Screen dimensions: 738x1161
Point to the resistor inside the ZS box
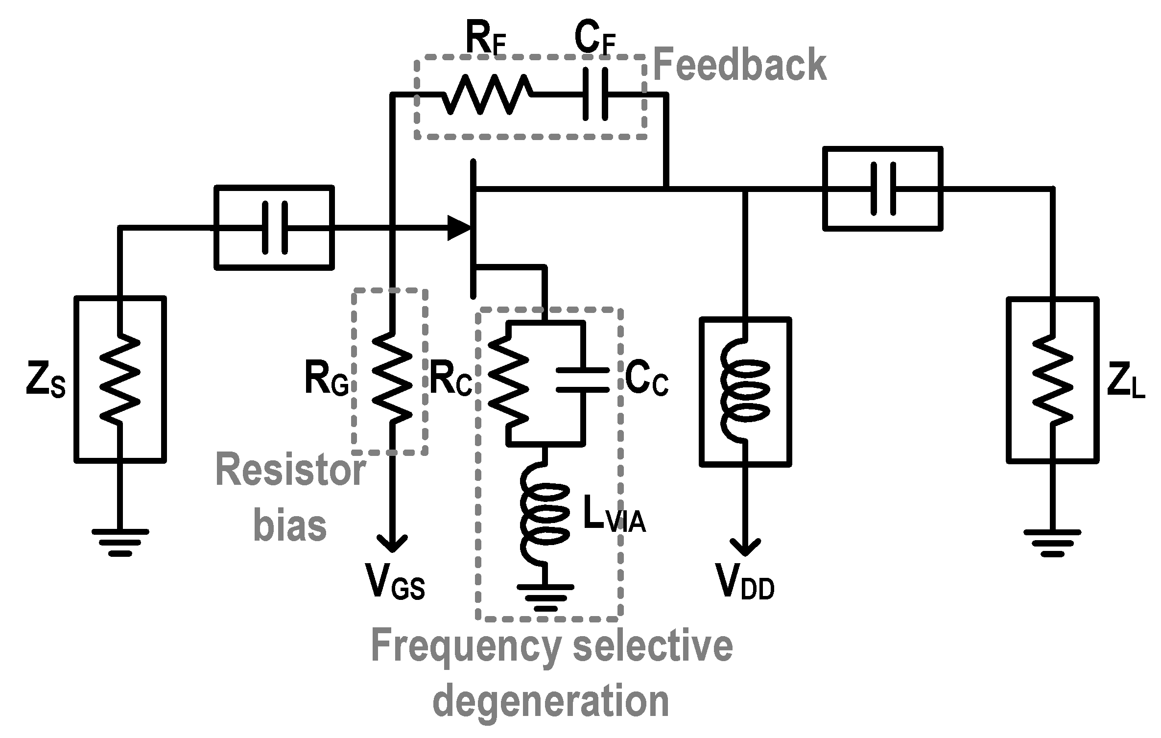point(120,378)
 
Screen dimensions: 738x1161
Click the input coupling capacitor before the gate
point(275,228)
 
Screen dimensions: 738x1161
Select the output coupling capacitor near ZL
point(883,189)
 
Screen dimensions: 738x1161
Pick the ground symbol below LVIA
point(544,596)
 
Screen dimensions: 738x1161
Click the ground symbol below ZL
point(1052,543)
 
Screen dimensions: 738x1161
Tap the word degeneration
point(551,701)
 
